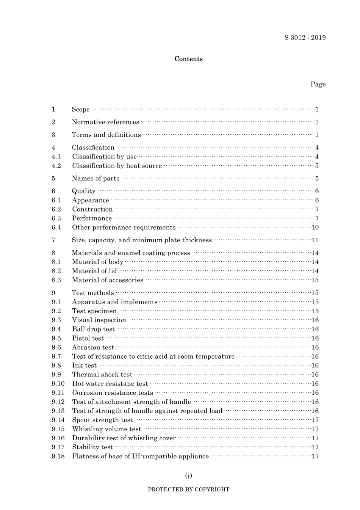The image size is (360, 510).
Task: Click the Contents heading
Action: (188, 59)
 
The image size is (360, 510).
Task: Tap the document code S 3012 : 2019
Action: (305, 38)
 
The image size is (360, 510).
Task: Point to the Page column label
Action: (318, 84)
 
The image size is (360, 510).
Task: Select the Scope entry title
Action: (81, 110)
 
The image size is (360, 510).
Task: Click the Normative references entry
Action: (105, 122)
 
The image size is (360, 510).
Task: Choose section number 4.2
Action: (56, 166)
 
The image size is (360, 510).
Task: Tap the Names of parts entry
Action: (95, 179)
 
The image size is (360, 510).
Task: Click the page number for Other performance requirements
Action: (315, 228)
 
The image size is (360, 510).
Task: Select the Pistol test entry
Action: (88, 338)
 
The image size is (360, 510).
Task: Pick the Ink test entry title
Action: (84, 366)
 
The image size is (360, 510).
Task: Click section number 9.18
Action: (58, 456)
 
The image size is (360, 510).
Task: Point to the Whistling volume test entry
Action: (106, 429)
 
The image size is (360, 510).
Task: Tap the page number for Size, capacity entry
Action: (315, 240)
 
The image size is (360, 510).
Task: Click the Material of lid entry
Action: (94, 271)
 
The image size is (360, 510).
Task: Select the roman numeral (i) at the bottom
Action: (188, 475)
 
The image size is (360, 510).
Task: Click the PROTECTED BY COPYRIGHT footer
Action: (188, 490)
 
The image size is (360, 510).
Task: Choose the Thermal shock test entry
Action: (102, 375)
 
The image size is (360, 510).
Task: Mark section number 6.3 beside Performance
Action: (56, 218)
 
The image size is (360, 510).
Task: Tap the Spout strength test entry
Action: (102, 420)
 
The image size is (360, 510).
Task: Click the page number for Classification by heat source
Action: (317, 166)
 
